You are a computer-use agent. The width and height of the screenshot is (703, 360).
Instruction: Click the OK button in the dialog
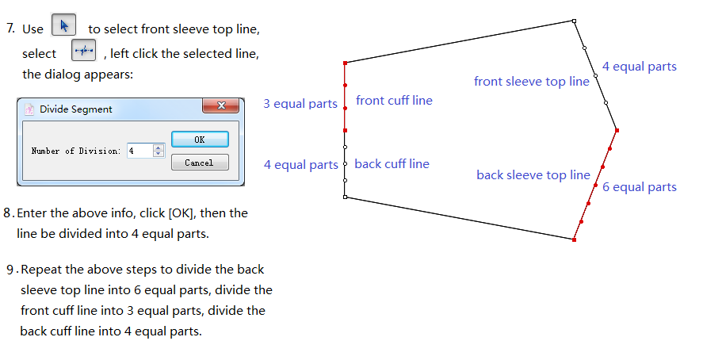(199, 140)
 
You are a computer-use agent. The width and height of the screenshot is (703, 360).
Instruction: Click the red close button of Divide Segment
(221, 106)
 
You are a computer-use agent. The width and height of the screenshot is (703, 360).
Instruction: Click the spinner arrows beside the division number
(159, 151)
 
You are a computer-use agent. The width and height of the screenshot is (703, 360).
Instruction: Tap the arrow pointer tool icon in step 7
(63, 26)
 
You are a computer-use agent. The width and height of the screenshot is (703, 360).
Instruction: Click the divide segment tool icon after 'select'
(83, 52)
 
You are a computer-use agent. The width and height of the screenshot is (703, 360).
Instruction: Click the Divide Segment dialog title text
(76, 109)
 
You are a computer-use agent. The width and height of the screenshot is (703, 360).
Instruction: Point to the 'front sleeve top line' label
(531, 82)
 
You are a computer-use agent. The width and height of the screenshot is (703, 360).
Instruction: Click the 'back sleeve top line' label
(533, 175)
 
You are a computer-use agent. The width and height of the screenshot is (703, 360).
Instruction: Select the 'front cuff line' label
(394, 101)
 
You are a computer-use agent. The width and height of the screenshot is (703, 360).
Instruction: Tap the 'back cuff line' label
(392, 164)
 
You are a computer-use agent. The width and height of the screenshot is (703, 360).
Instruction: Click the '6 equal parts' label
(639, 187)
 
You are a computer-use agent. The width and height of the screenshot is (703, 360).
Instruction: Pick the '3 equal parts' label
(300, 104)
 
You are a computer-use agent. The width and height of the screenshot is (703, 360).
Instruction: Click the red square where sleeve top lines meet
(617, 130)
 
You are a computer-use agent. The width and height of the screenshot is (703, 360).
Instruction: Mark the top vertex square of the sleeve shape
(574, 21)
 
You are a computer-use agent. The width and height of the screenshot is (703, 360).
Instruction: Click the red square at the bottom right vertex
(574, 239)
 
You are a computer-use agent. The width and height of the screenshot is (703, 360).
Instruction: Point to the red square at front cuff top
(346, 63)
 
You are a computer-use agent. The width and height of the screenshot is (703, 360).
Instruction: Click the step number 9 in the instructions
(10, 270)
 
